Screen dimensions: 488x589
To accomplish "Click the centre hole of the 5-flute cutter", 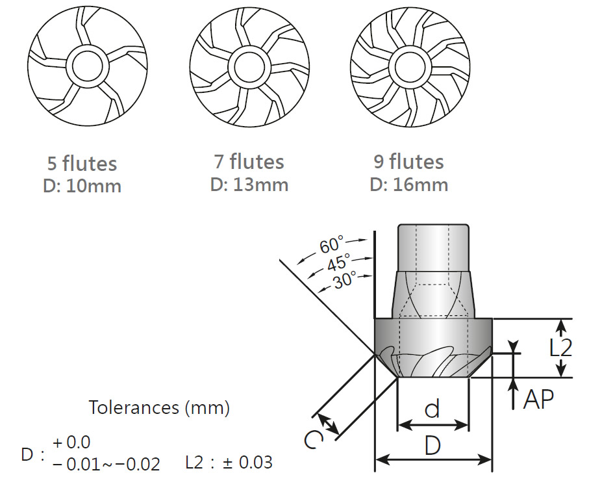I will [x=84, y=66].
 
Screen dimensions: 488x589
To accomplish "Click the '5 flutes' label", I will [x=82, y=163].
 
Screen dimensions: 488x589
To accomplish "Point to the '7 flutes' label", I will [x=249, y=161].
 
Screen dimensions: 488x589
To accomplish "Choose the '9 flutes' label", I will [x=408, y=161].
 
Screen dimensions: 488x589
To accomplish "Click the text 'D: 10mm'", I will [x=82, y=186].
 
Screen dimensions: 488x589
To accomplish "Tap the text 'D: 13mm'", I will [x=249, y=184].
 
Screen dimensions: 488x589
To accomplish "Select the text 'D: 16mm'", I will [x=408, y=184].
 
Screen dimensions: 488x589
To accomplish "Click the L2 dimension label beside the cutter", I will [x=560, y=347].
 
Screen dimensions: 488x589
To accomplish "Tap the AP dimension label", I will [x=538, y=399].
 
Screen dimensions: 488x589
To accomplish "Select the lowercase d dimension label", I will [x=432, y=409].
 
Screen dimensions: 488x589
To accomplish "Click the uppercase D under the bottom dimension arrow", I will [x=434, y=447].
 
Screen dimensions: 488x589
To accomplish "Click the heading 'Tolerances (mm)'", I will [x=159, y=407].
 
